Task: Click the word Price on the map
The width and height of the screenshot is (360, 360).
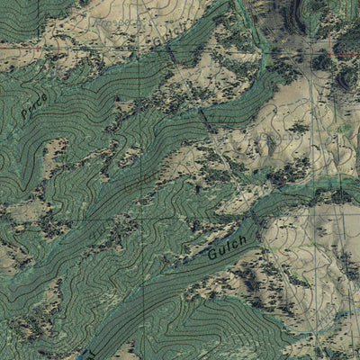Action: pos(33,106)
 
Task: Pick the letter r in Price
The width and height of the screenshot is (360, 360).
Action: pos(29,111)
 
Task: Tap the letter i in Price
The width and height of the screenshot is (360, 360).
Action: pos(32,106)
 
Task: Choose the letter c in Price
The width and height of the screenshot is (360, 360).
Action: pos(37,101)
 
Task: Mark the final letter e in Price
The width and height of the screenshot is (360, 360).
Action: pos(42,95)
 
